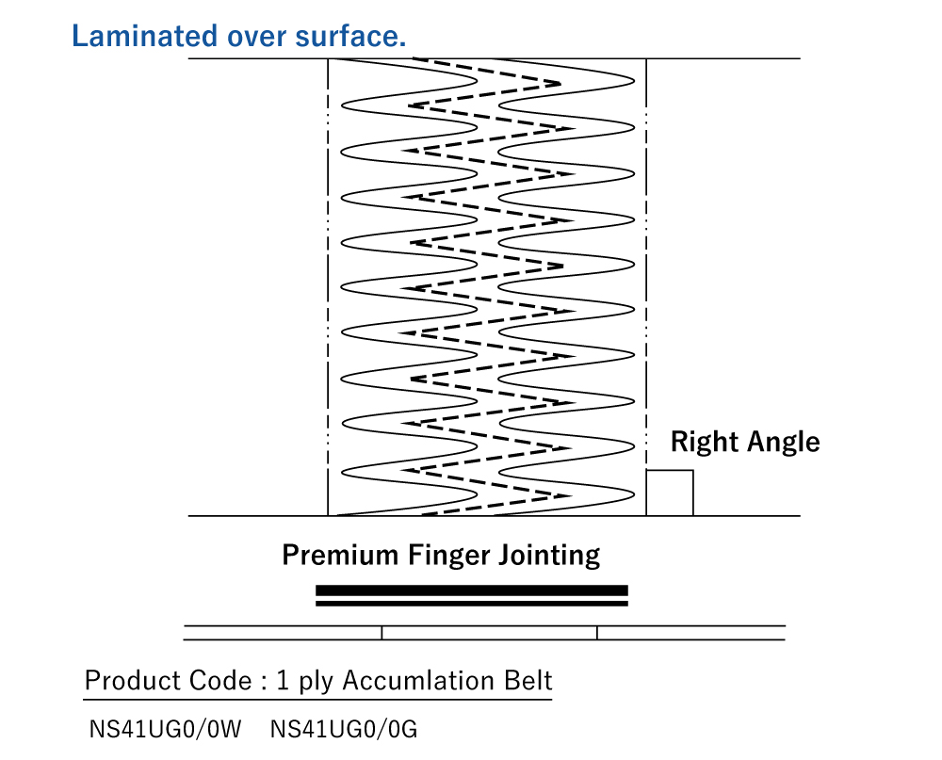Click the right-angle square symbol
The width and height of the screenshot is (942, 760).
(670, 493)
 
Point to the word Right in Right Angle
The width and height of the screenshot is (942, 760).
(702, 442)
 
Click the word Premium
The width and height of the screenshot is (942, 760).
(341, 554)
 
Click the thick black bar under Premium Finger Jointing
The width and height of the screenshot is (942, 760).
(471, 590)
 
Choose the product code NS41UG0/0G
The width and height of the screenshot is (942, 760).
(343, 729)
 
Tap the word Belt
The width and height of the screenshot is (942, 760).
(528, 680)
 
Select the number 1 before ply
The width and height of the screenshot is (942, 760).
(282, 680)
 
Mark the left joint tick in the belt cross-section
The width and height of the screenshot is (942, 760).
(382, 633)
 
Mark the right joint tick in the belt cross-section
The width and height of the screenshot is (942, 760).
(597, 633)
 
